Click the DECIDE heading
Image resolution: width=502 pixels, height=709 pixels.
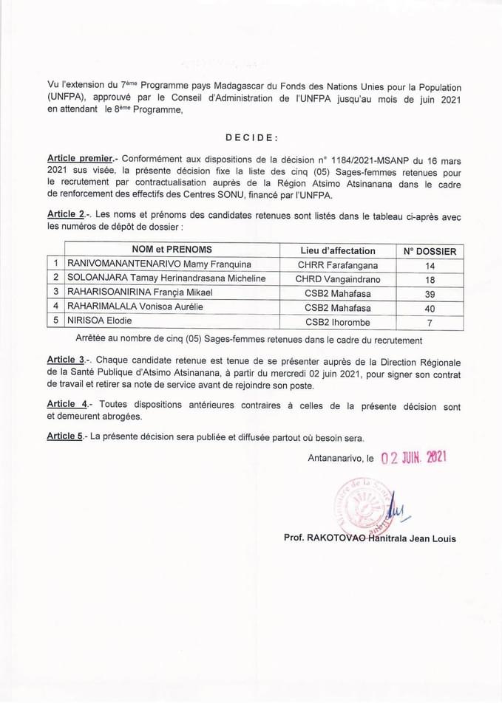coord(251,137)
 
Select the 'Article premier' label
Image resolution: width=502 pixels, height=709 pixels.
coord(80,159)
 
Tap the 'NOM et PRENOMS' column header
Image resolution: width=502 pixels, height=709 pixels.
coord(172,250)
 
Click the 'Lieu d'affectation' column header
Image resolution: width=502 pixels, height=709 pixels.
coord(338,250)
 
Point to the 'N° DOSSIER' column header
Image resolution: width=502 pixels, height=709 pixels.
coord(430,251)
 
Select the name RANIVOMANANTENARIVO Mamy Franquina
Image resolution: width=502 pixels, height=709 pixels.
coord(159,264)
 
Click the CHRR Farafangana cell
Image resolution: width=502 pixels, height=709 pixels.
coord(338,264)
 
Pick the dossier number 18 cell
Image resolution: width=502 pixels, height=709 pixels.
coord(430,280)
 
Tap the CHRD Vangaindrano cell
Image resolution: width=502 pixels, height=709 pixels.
coord(338,279)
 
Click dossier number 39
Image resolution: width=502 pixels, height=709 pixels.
coord(430,294)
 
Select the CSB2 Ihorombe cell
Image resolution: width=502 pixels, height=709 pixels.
coord(338,322)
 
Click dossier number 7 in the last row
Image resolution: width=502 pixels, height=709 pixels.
coord(430,323)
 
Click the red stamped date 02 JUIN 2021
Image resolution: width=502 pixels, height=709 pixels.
coord(414,457)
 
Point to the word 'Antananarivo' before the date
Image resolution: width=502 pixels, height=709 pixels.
coord(336,459)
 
